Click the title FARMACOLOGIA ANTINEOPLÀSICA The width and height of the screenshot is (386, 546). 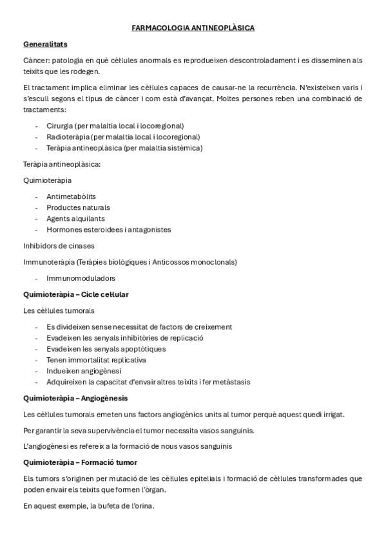tap(193, 28)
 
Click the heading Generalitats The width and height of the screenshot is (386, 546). tap(45, 44)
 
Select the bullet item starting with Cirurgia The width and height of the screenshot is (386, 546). tap(115, 126)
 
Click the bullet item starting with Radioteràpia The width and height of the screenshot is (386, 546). tap(123, 136)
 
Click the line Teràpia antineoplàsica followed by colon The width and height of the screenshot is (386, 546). tap(62, 164)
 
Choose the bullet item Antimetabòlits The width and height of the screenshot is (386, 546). tap(72, 196)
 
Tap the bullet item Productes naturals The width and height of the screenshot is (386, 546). tap(78, 207)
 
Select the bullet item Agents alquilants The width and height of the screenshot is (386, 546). tap(75, 218)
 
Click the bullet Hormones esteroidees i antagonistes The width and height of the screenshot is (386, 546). tap(108, 229)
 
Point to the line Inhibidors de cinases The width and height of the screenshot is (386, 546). tap(59, 245)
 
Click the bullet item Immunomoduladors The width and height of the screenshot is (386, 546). tap(81, 278)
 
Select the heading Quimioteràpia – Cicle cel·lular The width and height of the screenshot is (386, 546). tap(76, 294)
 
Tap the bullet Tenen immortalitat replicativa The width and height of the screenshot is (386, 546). tap(96, 360)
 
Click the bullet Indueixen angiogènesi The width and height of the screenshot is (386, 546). tap(84, 371)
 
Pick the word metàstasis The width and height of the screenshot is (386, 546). tap(231, 382)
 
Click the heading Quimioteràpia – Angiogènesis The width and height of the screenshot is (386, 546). tap(75, 398)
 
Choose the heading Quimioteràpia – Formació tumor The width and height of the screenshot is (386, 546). tap(80, 462)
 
